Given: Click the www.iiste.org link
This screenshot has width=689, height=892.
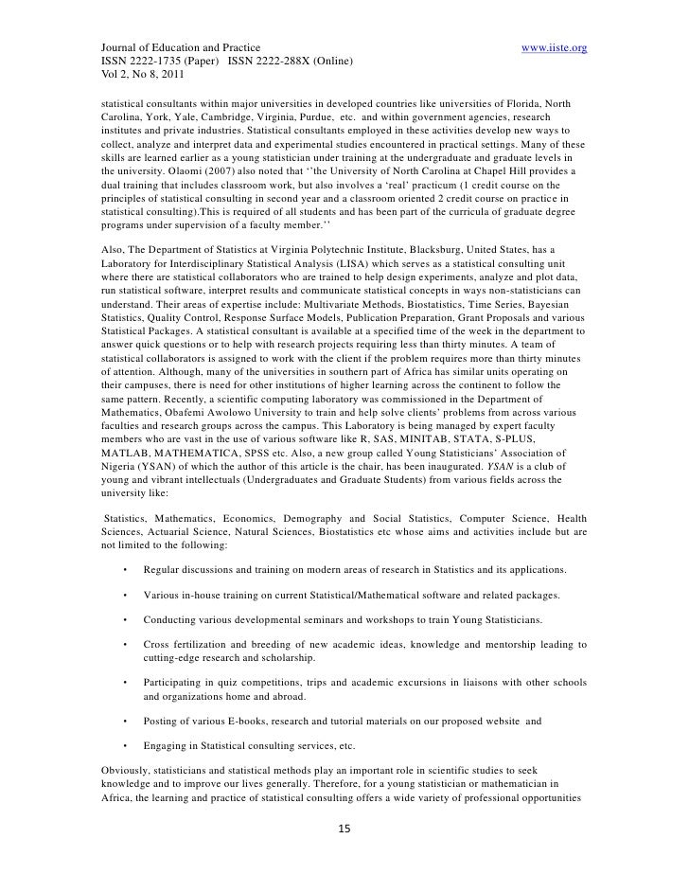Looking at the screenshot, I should pyautogui.click(x=554, y=46).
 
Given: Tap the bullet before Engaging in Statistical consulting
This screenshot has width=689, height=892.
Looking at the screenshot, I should pyautogui.click(x=124, y=746).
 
